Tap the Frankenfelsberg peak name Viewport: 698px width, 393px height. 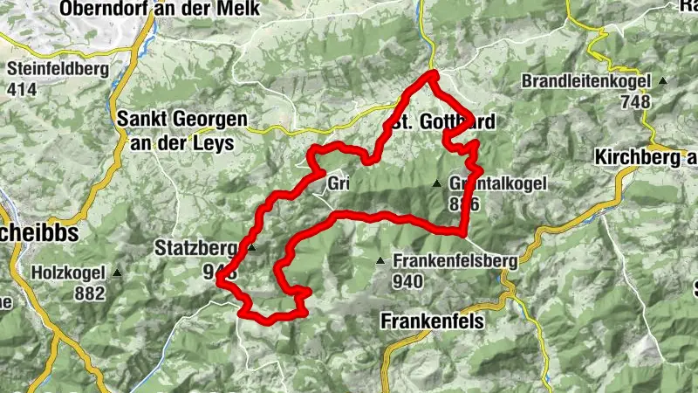click(455, 260)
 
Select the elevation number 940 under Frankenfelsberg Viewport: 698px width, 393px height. click(407, 281)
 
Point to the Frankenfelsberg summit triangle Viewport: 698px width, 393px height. click(380, 261)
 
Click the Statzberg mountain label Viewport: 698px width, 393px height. click(198, 247)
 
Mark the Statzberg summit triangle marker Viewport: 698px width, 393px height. click(252, 248)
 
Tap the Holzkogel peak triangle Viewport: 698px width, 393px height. click(116, 272)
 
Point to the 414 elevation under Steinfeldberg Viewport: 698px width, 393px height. click(24, 89)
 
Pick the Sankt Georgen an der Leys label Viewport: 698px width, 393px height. click(181, 130)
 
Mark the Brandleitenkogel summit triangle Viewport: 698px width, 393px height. click(663, 81)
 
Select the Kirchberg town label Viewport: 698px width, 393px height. click(646, 157)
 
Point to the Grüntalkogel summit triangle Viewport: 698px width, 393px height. click(437, 183)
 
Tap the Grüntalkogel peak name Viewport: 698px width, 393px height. click(499, 184)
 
